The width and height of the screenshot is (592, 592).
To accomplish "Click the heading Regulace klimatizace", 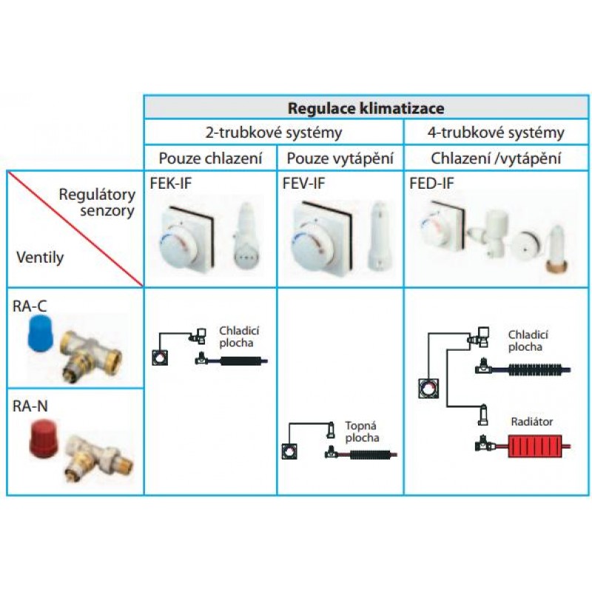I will [x=366, y=108].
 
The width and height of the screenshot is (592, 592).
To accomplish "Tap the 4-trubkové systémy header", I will [x=496, y=133].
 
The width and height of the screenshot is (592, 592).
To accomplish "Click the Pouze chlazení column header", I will [x=210, y=158].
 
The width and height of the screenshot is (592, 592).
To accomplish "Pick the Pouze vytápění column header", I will [x=340, y=158].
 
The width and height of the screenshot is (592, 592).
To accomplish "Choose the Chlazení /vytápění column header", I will [x=496, y=158].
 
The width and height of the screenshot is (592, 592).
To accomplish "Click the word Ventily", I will [x=39, y=258].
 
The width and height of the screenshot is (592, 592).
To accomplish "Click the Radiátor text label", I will [x=531, y=422].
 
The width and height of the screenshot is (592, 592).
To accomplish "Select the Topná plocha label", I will [x=362, y=432].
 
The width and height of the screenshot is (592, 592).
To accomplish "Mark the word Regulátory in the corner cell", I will [x=98, y=195].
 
